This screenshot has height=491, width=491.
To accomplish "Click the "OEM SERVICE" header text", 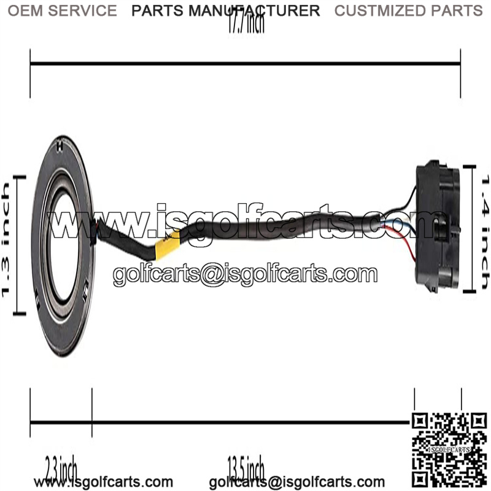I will pos(61,10).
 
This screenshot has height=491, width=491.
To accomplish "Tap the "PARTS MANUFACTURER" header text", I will pos(226,10).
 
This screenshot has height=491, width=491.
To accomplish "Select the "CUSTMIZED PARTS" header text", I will pos(408,10).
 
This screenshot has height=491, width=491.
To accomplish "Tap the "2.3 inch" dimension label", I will pos(61,469).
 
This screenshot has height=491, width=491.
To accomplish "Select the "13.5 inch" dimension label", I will pos(245,469).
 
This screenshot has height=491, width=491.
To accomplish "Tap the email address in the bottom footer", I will pos(297,482).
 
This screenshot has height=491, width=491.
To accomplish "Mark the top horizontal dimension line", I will pos(245,63).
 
